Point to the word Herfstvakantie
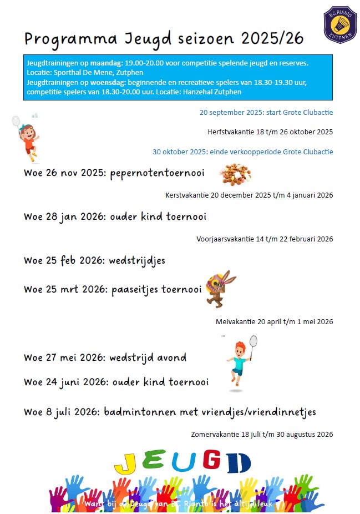click(228, 132)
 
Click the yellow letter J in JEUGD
click(129, 462)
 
